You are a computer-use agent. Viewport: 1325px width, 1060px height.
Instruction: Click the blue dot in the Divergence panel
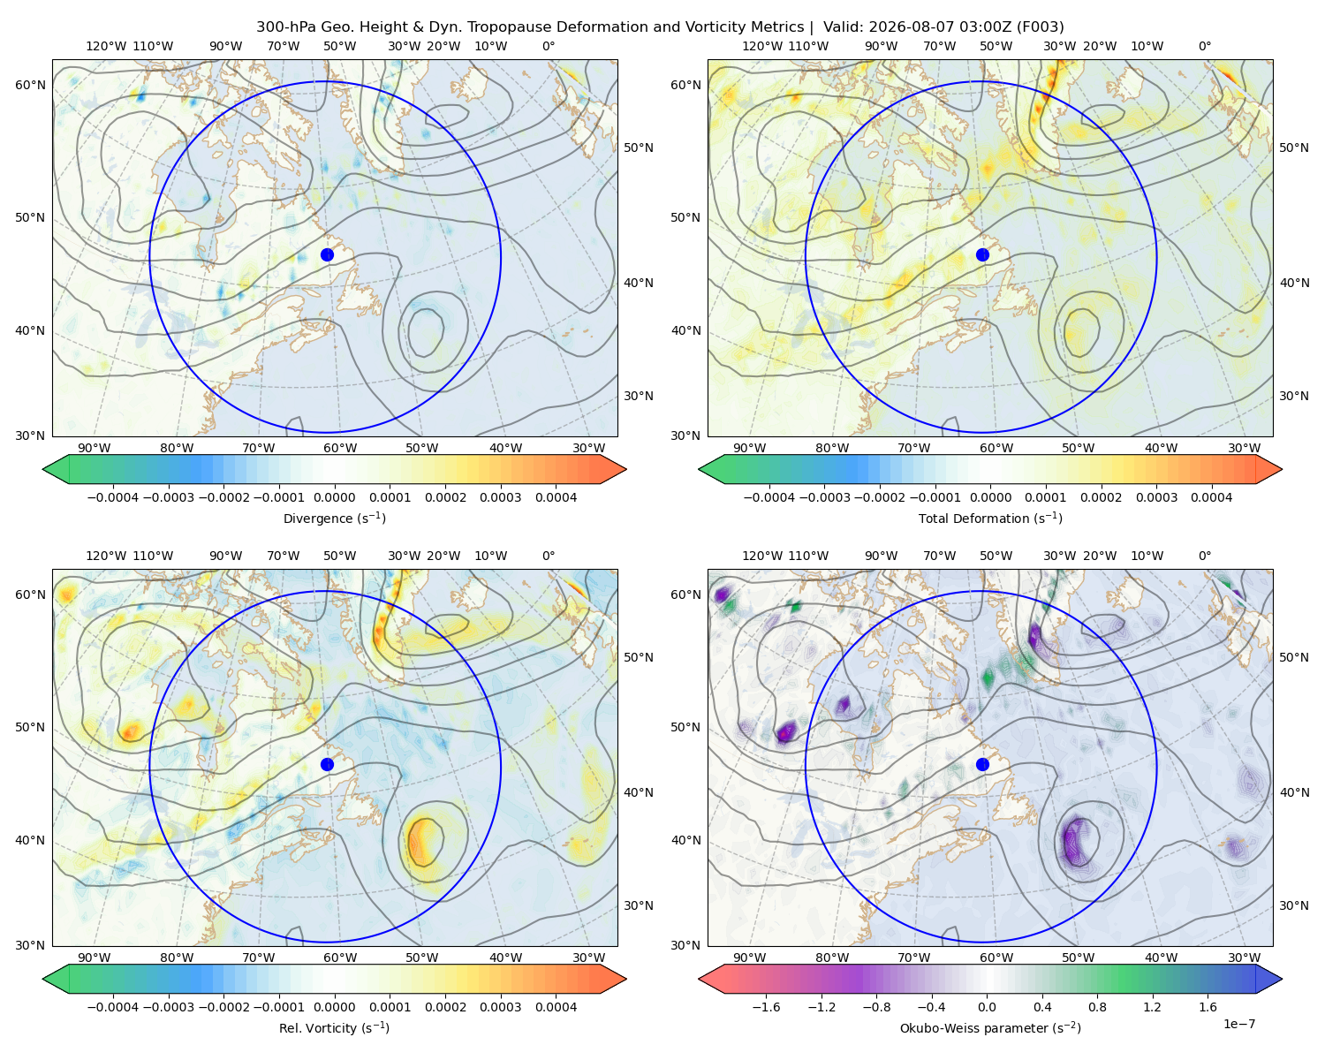(327, 255)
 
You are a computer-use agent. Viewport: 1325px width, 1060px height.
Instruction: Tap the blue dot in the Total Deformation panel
(982, 255)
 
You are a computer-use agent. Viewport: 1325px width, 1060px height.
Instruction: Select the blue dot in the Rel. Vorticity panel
(327, 764)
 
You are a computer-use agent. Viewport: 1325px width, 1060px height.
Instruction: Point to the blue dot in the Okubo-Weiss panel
(982, 764)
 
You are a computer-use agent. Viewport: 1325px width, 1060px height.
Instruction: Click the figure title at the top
(660, 27)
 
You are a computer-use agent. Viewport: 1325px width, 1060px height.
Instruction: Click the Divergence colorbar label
(334, 518)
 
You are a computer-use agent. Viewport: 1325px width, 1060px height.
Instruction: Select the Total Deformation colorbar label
(990, 518)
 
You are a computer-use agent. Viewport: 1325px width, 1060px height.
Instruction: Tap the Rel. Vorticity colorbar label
(334, 1028)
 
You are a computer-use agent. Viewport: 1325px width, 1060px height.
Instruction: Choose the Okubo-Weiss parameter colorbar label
(990, 1028)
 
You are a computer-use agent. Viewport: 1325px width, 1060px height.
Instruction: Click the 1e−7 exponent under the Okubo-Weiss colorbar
(1238, 1024)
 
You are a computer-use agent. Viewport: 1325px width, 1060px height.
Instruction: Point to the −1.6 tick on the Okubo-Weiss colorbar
(766, 1007)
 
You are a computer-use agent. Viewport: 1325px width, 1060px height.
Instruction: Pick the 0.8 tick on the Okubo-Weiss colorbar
(1097, 1007)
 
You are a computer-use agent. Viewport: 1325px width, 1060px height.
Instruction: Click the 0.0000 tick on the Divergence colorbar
(334, 497)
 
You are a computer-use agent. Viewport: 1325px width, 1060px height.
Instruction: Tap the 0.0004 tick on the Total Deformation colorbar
(1211, 497)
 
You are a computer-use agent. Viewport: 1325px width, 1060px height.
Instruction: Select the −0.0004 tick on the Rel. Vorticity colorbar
(113, 1007)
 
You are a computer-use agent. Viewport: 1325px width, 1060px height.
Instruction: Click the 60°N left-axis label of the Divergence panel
(30, 85)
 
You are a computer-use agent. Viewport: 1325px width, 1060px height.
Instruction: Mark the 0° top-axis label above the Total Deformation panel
(1204, 46)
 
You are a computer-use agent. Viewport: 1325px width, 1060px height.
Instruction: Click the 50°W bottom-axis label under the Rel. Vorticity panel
(421, 958)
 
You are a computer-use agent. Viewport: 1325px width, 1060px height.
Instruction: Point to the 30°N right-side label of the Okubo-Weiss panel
(1293, 905)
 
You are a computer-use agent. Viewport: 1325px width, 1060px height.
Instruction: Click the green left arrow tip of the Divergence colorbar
(43, 469)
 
